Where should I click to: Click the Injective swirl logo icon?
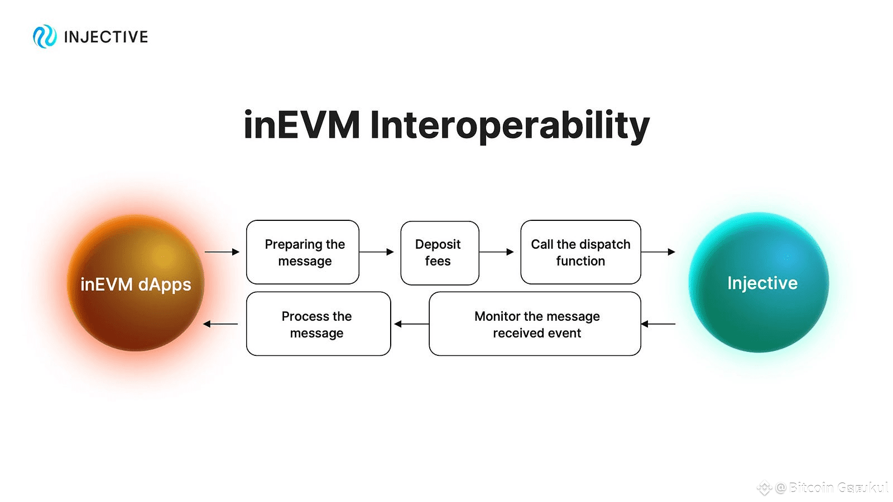tap(45, 37)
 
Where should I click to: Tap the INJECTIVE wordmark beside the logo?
tap(106, 37)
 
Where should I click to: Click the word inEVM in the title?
tap(302, 125)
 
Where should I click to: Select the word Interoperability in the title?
tap(510, 126)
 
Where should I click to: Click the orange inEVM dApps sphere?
tap(136, 283)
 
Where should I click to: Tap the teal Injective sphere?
tap(759, 282)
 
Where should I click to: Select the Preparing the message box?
tap(303, 252)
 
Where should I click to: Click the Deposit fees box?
tap(439, 253)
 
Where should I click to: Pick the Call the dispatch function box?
tap(580, 252)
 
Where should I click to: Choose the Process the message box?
tap(318, 324)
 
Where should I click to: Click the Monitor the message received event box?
tap(535, 324)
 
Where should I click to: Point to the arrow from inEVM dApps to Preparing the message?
tap(222, 252)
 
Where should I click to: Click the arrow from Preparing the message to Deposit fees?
tap(377, 252)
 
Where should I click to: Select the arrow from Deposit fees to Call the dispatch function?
tap(496, 252)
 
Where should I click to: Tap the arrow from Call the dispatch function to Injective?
tap(658, 252)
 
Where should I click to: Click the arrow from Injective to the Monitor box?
tap(658, 324)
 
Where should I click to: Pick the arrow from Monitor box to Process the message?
tap(411, 324)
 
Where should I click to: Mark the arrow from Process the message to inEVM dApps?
tap(220, 324)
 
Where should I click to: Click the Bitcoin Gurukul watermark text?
tap(837, 487)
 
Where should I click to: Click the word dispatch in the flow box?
tap(604, 244)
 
